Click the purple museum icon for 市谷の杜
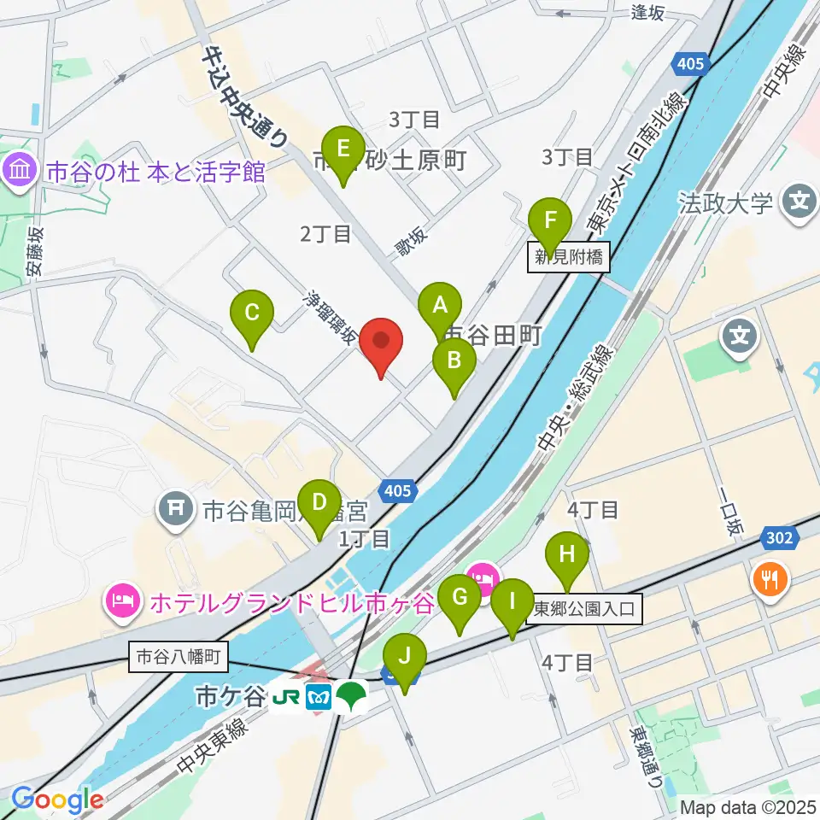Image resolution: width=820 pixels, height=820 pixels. point(19,172)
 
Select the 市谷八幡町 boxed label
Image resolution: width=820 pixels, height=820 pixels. point(179,656)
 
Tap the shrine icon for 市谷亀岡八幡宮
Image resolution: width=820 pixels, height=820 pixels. point(176,511)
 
